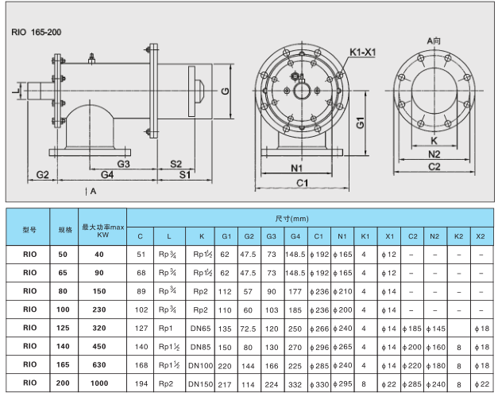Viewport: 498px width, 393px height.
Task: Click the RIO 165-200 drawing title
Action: (x=37, y=32)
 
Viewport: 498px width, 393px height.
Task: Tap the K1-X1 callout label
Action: (x=362, y=52)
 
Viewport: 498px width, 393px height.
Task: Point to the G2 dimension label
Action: (x=43, y=174)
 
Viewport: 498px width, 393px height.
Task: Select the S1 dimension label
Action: (x=185, y=174)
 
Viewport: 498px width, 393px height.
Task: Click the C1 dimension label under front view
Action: (x=302, y=183)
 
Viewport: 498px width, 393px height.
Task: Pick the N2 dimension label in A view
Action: (x=434, y=154)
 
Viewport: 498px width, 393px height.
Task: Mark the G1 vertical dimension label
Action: (x=360, y=123)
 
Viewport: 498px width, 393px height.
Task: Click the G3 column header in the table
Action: (x=271, y=236)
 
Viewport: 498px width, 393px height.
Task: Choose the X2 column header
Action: (x=481, y=236)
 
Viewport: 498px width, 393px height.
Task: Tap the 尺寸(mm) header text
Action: (x=291, y=219)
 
